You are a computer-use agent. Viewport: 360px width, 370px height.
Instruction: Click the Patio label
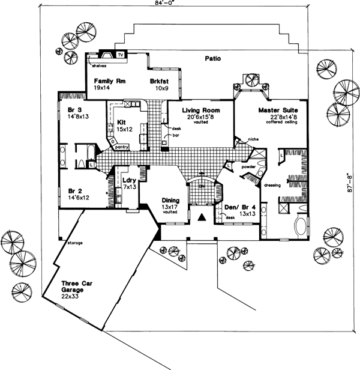click(x=212, y=59)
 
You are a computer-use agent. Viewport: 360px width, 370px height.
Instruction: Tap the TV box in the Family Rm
click(x=121, y=55)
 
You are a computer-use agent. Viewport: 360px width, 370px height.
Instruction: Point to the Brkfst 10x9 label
click(x=160, y=83)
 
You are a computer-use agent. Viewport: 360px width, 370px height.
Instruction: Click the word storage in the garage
click(x=75, y=243)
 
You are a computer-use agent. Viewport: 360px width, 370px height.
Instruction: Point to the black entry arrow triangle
click(x=202, y=219)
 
